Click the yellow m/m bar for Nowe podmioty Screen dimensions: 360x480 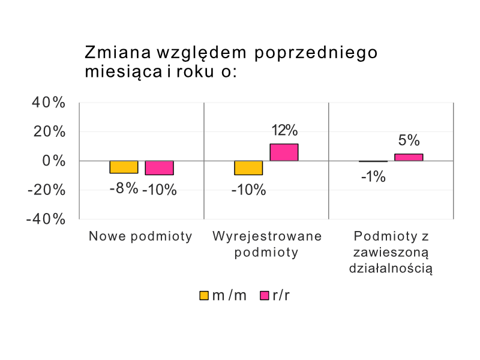pos(124,167)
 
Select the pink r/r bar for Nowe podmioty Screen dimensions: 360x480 pos(159,167)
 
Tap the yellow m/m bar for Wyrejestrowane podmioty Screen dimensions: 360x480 pos(248,167)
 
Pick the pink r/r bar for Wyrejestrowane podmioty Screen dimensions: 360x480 pos(284,152)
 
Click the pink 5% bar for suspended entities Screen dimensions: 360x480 pos(409,157)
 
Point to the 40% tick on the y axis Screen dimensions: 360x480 pos(49,103)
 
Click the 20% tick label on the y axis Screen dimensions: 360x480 pos(49,131)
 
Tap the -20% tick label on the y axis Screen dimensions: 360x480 pos(46,190)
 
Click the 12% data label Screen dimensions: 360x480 pos(284,130)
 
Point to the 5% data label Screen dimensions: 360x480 pos(409,140)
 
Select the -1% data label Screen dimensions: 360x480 pos(373,177)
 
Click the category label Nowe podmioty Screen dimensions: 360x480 pos(140,236)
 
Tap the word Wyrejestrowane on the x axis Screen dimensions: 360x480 pos(266,236)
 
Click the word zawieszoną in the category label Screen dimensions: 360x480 pos(391,252)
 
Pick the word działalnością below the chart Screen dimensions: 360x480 pos(391,268)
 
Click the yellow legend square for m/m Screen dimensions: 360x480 pos(204,295)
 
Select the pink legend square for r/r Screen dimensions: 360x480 pos(264,295)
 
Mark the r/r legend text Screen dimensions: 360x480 pos(281,295)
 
